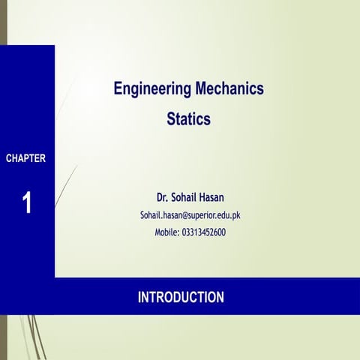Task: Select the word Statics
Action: click(188, 119)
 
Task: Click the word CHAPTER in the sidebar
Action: click(26, 158)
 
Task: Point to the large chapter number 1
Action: click(27, 202)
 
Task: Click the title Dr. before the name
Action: click(163, 198)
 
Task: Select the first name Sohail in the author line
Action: click(187, 198)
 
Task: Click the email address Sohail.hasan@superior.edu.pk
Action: click(190, 215)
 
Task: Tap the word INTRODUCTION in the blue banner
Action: click(181, 298)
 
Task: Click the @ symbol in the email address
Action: click(187, 215)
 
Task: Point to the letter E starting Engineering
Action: click(118, 89)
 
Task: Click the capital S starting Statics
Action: click(171, 119)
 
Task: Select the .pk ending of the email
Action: click(235, 215)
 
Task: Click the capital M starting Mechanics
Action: click(198, 89)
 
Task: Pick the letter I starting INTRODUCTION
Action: click(139, 298)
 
